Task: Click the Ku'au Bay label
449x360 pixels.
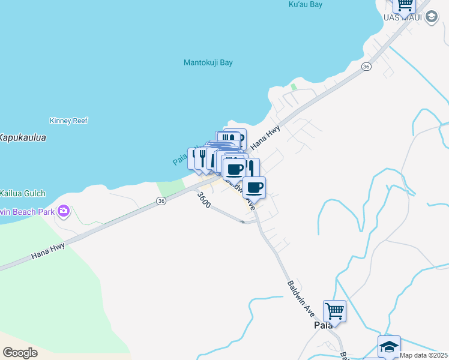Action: tap(306, 5)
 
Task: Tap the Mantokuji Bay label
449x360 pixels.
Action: tap(208, 62)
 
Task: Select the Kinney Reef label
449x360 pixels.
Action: tap(69, 121)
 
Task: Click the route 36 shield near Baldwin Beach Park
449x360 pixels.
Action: tap(161, 202)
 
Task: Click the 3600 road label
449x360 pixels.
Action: tap(203, 199)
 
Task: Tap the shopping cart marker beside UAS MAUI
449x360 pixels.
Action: tap(405, 5)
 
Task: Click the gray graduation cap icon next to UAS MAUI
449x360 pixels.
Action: tap(431, 17)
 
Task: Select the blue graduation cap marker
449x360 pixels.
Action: tap(389, 347)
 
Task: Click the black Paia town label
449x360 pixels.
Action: tap(324, 325)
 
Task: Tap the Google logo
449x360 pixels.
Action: tap(20, 353)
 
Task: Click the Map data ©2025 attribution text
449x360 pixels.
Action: tap(424, 355)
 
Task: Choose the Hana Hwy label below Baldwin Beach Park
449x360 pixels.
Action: tap(47, 250)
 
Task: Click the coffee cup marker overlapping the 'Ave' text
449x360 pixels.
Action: tap(254, 187)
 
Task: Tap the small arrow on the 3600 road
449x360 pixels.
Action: tap(243, 222)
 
